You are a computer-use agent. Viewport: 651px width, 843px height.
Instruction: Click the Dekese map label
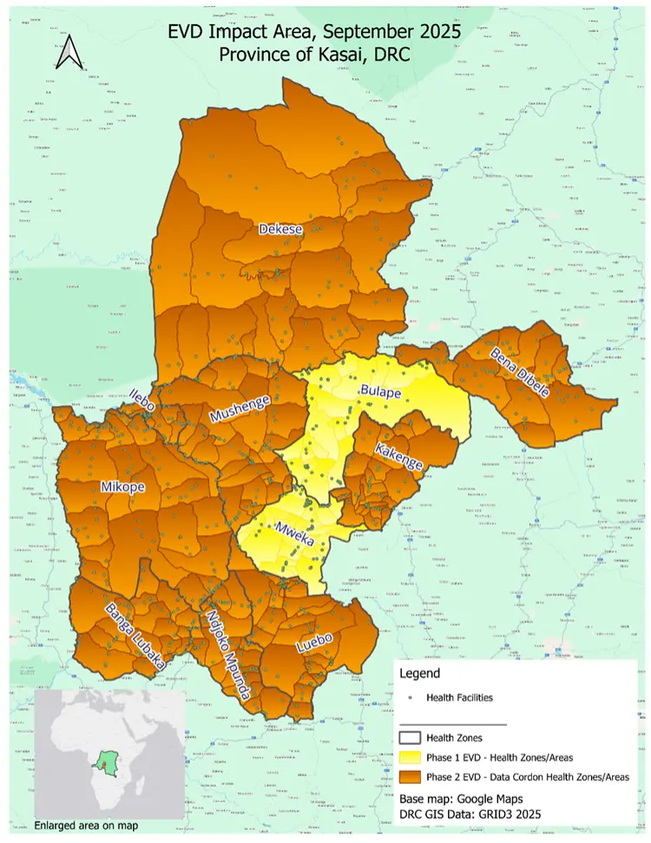pyautogui.click(x=280, y=229)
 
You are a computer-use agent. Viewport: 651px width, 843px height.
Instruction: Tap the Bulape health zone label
pyautogui.click(x=381, y=392)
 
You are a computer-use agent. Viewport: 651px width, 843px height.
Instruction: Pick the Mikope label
pyautogui.click(x=122, y=487)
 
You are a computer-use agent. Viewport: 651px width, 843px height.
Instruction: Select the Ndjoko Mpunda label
pyautogui.click(x=229, y=654)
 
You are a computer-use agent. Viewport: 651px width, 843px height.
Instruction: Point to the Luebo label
pyautogui.click(x=314, y=643)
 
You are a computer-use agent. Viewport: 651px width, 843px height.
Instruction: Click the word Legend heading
pyautogui.click(x=419, y=673)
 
